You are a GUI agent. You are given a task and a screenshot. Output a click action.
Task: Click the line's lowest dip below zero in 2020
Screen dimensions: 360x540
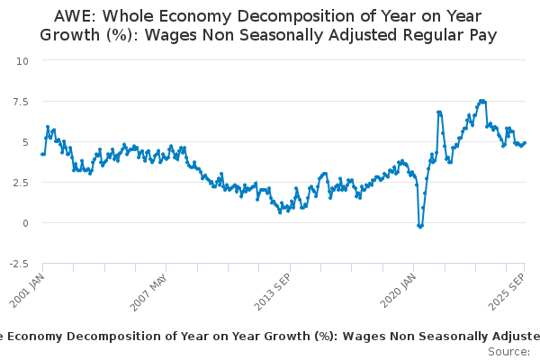tap(420, 226)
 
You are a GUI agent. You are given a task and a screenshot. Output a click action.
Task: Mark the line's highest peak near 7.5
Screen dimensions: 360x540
tap(483, 101)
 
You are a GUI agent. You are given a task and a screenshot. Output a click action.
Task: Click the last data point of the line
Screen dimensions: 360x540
tap(526, 142)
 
